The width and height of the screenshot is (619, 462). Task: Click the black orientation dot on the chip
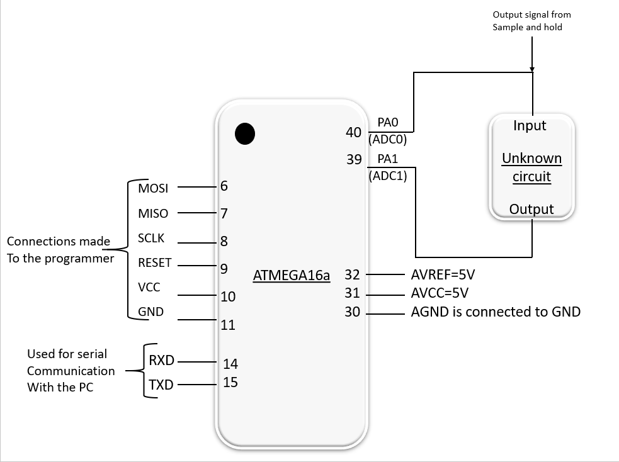[244, 133]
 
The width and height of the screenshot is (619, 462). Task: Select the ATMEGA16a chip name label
[291, 275]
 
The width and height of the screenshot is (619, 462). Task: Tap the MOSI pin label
[153, 188]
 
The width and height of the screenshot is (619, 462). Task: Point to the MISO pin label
[153, 214]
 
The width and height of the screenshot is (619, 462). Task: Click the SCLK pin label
[151, 239]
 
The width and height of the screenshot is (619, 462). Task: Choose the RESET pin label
[154, 263]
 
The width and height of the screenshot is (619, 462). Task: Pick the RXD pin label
[161, 361]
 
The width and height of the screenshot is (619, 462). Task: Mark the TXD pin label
[161, 385]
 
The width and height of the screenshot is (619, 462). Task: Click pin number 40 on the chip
[353, 132]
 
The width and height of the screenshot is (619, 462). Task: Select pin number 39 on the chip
[353, 160]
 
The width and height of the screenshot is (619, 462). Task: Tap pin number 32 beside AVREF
[352, 274]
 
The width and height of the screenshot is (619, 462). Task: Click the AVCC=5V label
[440, 293]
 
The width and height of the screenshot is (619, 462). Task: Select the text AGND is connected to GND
[496, 311]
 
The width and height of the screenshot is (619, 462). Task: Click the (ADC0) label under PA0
[388, 140]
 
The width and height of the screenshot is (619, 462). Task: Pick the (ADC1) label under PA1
[388, 177]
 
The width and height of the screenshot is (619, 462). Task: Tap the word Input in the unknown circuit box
[530, 126]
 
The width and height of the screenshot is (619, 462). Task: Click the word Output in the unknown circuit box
[531, 209]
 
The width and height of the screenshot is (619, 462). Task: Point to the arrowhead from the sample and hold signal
[533, 68]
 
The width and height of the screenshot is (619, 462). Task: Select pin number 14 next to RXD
[230, 363]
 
